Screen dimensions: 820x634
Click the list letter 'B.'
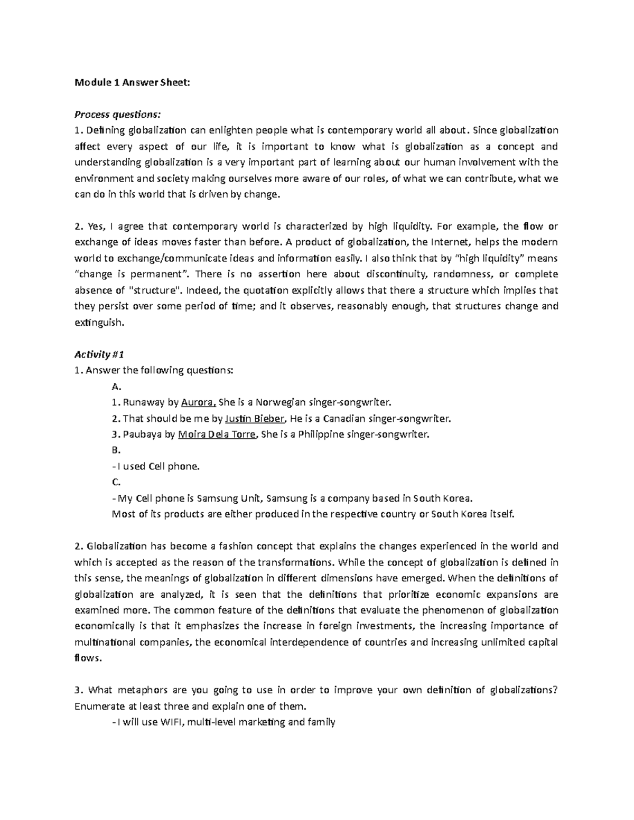(117, 450)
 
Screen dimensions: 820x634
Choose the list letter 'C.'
(117, 482)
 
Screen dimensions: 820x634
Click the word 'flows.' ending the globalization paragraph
(87, 658)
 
